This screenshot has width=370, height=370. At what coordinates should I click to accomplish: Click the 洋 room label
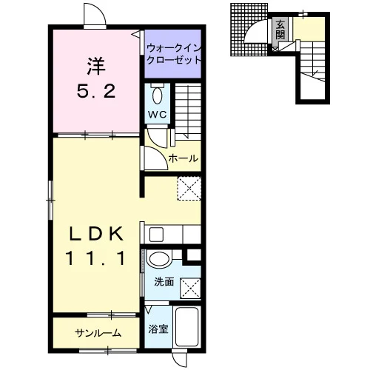96,66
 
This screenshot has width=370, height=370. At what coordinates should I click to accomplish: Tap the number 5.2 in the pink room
96,91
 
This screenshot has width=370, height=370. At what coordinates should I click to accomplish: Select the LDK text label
96,234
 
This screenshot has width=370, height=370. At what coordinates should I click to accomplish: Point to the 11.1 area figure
95,258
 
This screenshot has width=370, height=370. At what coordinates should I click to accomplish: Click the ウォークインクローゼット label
174,54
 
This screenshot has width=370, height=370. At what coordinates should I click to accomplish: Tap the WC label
158,115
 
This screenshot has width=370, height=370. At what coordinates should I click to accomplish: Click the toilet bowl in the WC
158,95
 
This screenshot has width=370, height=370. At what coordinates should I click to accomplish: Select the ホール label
184,158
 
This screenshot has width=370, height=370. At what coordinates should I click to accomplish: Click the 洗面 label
164,282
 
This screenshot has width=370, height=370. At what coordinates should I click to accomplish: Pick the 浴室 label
158,329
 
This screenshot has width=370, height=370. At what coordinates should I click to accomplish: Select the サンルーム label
98,334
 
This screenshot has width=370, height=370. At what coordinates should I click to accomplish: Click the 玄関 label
280,30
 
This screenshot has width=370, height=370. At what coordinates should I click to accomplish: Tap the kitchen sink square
156,235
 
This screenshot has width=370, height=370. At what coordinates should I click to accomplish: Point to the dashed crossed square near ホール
189,188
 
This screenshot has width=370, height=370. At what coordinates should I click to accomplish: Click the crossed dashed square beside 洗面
190,288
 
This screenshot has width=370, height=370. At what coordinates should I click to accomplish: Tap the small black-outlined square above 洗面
194,255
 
